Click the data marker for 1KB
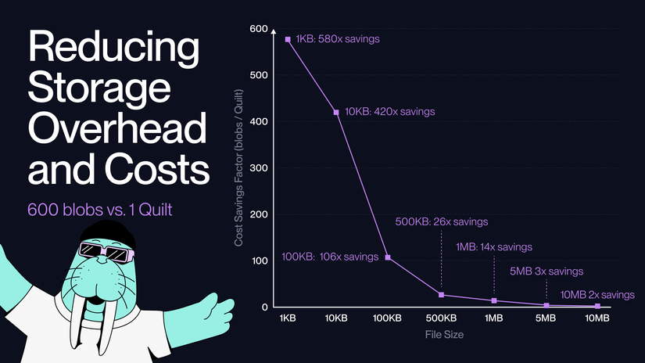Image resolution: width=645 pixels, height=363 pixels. point(288,39)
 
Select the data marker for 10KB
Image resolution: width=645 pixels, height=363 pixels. point(336,113)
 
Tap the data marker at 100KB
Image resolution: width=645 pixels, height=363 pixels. point(388,257)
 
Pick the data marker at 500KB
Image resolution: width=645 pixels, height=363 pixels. point(442,295)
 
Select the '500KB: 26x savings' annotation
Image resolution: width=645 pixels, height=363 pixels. point(443,221)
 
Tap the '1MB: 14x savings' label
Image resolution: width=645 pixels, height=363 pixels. point(494,246)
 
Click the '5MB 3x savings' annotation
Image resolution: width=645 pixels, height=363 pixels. point(546,271)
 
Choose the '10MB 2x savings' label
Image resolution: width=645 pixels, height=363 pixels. point(597,294)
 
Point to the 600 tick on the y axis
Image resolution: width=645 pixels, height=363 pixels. point(258,30)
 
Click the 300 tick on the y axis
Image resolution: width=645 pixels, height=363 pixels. point(258,168)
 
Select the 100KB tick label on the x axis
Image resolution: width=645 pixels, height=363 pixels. point(388,319)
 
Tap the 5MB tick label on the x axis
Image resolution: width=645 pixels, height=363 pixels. point(546,319)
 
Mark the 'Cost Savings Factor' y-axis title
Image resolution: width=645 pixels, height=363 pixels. point(239,169)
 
